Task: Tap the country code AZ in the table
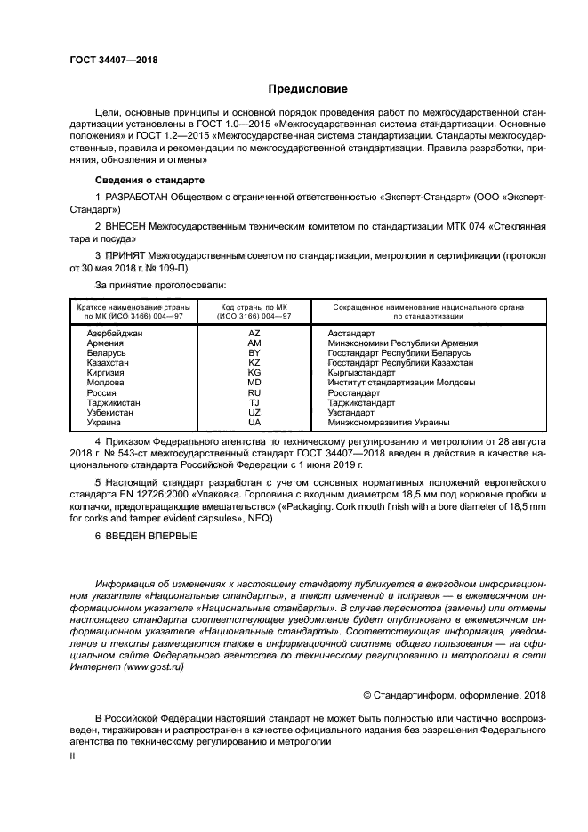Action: pos(254,332)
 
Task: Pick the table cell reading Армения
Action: pos(105,342)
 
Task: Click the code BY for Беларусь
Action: pos(254,352)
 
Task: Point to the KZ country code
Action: pos(254,362)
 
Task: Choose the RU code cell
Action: pos(254,392)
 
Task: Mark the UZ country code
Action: pos(254,413)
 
